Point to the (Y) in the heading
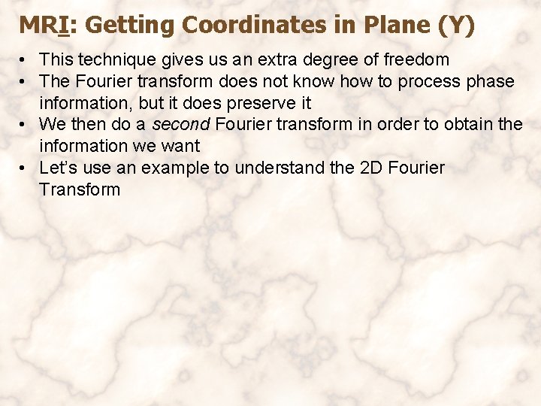[x=455, y=26]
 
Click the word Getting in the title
[x=131, y=26]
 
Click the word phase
[x=490, y=81]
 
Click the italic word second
[x=180, y=124]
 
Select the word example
[x=177, y=168]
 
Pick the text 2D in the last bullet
[x=371, y=168]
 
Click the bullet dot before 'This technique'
[x=25, y=60]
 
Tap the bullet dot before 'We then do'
[x=25, y=125]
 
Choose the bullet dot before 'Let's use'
[x=25, y=168]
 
